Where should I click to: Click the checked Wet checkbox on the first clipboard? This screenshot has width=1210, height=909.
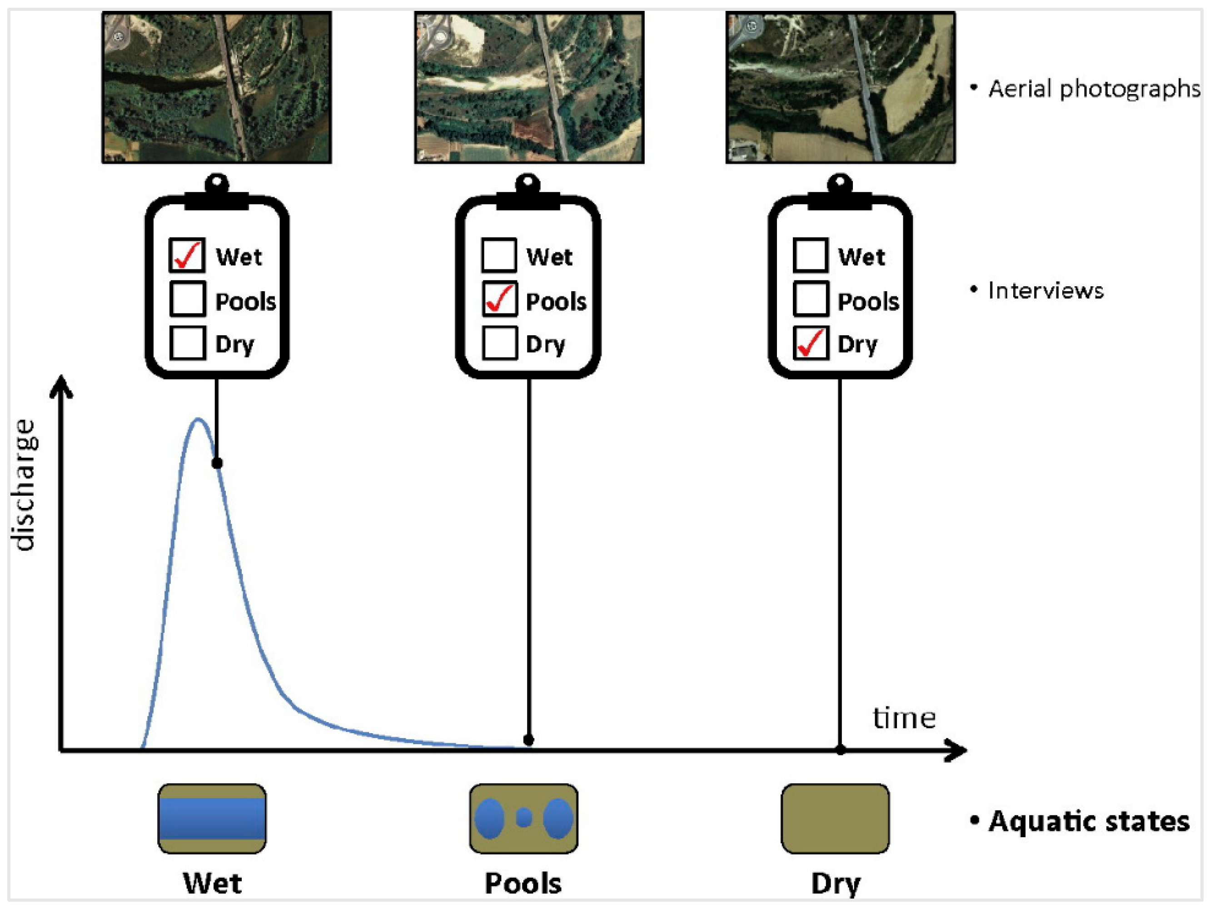click(187, 255)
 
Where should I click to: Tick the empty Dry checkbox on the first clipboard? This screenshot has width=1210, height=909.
click(187, 343)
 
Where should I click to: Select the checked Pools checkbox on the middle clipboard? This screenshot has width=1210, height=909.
click(499, 299)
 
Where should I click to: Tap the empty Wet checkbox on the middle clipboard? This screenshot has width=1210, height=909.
click(499, 255)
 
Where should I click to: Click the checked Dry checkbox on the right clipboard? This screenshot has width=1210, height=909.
click(811, 343)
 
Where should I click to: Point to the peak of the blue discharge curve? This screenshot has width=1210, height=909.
click(198, 420)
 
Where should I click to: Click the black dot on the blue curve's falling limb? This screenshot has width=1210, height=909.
click(217, 463)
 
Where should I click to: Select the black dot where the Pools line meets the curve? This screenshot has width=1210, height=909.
click(528, 740)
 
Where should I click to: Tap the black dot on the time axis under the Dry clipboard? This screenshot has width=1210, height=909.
click(841, 750)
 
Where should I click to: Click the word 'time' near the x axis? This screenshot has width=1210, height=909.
click(904, 718)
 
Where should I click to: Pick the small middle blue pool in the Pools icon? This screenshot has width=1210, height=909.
click(524, 818)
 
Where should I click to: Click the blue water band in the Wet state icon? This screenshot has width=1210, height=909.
click(212, 818)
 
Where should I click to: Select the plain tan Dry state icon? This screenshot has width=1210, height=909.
click(835, 818)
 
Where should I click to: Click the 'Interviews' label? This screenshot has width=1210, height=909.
click(1046, 290)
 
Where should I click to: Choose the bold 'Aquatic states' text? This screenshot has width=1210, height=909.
click(1088, 821)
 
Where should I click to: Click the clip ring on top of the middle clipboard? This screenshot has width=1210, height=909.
click(528, 182)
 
